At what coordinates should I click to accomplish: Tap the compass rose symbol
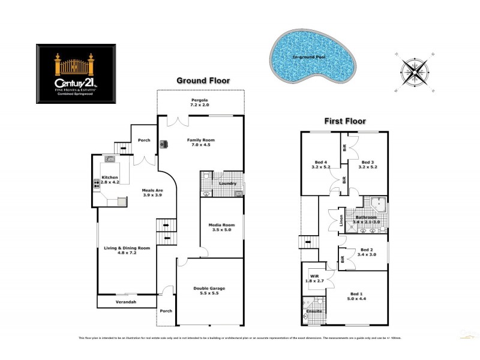(413, 68)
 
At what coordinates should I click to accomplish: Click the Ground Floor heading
(203, 80)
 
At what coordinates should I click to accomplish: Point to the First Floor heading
(345, 121)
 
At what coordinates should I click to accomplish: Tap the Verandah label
(126, 302)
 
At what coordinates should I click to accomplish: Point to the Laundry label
(227, 183)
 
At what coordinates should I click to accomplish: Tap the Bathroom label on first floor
(365, 217)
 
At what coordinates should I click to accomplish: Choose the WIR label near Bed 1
(311, 277)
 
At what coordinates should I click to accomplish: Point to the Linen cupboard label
(341, 220)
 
